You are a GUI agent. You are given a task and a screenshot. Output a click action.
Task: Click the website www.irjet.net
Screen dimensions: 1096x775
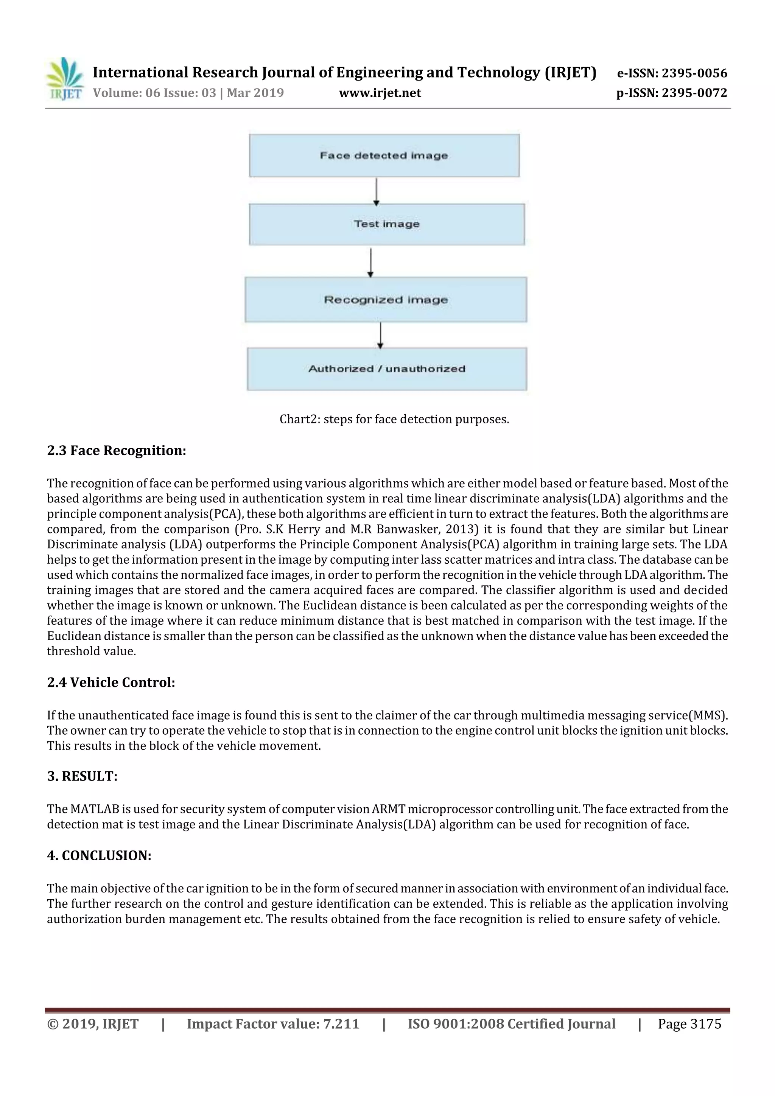point(380,93)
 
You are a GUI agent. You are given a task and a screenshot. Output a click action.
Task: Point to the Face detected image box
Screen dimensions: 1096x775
point(384,155)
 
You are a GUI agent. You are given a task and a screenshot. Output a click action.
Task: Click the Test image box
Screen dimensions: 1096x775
point(386,224)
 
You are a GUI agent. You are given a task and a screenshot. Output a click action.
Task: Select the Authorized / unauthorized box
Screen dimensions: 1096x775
point(386,369)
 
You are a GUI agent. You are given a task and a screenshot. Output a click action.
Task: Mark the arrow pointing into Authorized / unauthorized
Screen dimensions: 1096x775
point(380,335)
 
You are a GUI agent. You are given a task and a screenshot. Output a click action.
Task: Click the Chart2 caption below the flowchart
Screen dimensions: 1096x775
point(394,419)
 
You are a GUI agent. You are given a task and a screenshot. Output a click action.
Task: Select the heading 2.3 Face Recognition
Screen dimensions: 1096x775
point(117,451)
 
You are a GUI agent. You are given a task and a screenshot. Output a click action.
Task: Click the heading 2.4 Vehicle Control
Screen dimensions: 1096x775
point(111,682)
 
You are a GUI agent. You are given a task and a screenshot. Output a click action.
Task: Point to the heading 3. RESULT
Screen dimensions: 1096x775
point(82,776)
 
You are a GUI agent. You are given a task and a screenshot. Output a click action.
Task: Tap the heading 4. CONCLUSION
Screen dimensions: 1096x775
point(99,855)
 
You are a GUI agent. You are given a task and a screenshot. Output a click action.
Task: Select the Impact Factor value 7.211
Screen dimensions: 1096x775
point(341,1024)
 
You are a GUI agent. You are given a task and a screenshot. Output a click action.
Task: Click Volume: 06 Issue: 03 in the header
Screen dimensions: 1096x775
point(154,93)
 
